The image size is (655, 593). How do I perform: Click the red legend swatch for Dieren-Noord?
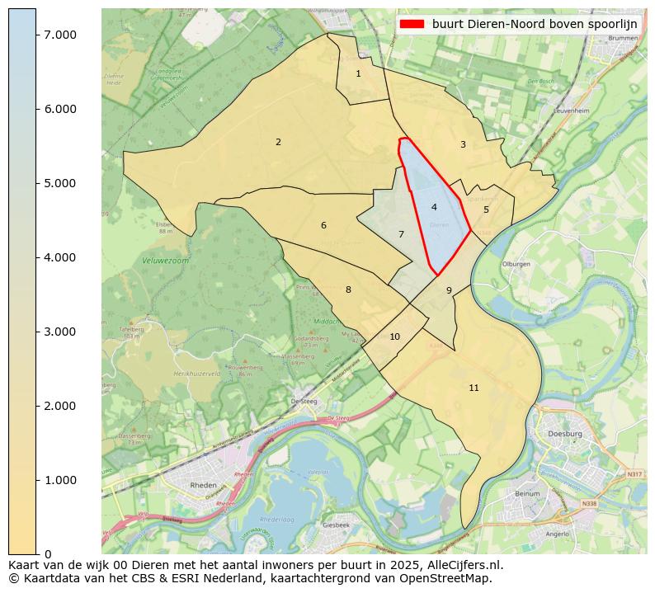click(412, 24)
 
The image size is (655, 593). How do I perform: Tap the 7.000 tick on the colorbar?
click(59, 35)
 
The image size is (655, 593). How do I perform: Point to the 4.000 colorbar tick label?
click(59, 257)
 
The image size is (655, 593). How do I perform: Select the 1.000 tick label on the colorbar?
click(59, 480)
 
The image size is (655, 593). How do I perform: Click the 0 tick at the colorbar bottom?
click(48, 553)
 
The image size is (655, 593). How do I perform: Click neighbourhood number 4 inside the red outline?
click(434, 207)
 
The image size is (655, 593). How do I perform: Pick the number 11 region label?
click(474, 388)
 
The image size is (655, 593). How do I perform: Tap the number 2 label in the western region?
click(278, 142)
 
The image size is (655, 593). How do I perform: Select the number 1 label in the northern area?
click(358, 73)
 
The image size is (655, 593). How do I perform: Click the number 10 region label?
click(394, 337)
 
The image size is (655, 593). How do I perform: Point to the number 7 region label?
click(401, 234)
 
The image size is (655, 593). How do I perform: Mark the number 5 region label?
click(486, 209)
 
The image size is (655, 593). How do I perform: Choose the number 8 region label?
click(348, 289)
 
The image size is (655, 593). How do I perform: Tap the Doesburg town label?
click(565, 433)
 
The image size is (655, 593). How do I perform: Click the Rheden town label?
click(204, 486)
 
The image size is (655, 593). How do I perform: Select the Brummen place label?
click(622, 38)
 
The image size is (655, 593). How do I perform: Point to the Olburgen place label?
click(516, 264)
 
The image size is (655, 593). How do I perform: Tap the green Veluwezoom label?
click(161, 260)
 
